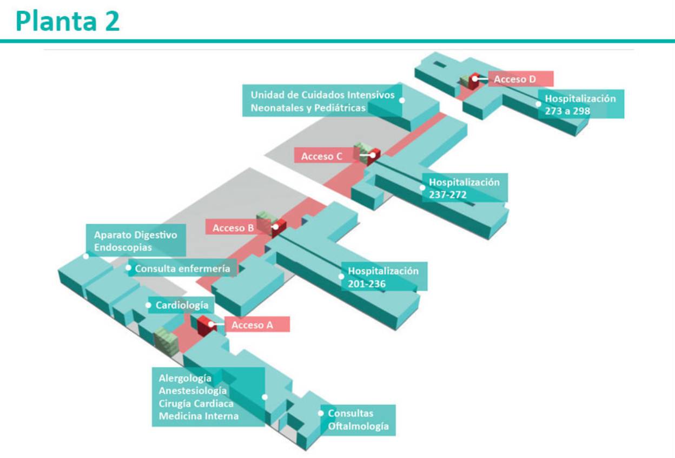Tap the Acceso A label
(252, 325)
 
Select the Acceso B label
(233, 228)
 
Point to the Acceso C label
(322, 156)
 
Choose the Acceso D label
(515, 79)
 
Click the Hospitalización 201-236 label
(383, 276)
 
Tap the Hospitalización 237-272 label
(464, 188)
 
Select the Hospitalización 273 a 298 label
(580, 104)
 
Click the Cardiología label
(182, 305)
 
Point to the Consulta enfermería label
(182, 268)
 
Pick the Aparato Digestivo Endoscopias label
(135, 241)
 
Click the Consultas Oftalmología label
(358, 420)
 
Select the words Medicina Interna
(198, 416)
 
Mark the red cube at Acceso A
(206, 326)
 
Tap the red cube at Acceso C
(372, 156)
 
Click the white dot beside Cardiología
(149, 305)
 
